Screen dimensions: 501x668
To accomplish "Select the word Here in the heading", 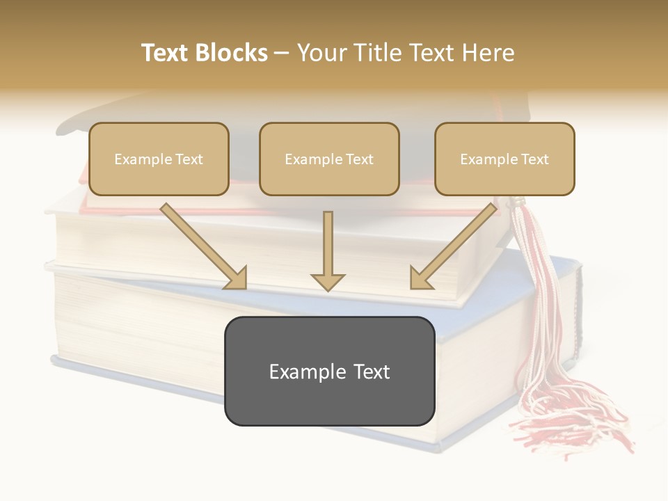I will point(488,53).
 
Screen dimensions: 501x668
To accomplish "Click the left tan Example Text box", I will point(159,159).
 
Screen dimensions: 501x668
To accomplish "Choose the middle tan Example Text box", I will point(329,159).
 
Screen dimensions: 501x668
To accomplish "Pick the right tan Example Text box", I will point(504,159).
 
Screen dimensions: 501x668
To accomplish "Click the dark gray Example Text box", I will point(329,372).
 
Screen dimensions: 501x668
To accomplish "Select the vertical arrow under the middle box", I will point(328,250).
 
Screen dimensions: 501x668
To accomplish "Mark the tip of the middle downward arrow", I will point(328,289).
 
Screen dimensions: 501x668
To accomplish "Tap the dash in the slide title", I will point(282,53).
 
